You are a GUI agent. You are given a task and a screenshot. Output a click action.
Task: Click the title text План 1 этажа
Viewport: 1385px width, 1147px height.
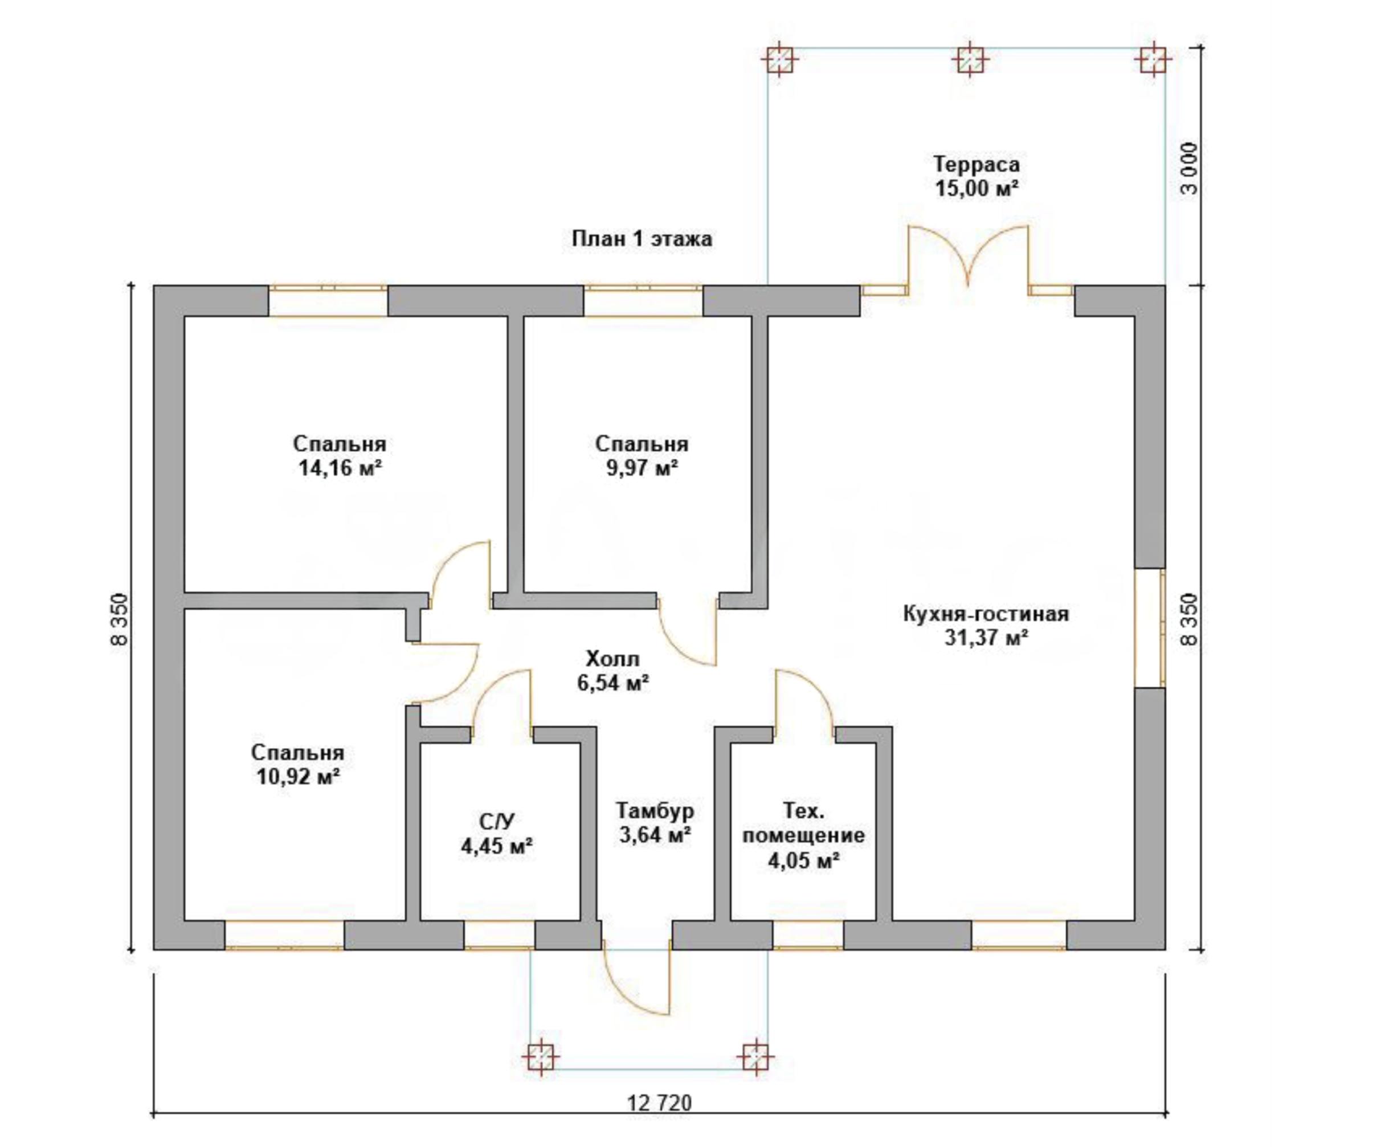641,238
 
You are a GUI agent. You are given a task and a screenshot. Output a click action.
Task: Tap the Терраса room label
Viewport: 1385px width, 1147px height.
976,164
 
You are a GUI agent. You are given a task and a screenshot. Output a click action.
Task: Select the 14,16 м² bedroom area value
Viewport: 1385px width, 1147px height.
340,468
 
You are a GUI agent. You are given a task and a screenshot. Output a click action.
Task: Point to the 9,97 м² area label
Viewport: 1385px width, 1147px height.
641,468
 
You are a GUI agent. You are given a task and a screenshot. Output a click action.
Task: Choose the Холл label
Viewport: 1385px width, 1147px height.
612,658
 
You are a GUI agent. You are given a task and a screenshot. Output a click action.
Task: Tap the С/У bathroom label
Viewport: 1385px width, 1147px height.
497,821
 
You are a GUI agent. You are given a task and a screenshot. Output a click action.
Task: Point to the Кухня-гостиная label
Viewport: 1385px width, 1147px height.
986,614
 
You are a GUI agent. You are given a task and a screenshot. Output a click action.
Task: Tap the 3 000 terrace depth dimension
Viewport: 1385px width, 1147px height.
1189,168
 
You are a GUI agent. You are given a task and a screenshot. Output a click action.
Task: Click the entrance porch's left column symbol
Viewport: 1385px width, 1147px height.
540,1059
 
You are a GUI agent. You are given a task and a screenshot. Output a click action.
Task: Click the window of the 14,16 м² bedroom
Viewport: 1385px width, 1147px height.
328,301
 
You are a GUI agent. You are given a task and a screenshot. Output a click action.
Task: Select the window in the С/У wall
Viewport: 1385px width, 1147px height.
499,935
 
